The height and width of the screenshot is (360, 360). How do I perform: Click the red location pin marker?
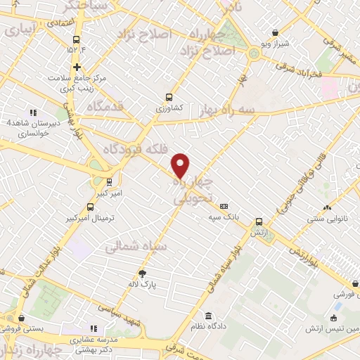point(181,165)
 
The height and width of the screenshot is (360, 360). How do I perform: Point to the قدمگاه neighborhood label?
point(108,108)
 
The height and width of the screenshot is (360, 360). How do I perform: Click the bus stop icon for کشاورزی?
point(168,98)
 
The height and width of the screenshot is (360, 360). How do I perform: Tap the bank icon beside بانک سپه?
point(224,207)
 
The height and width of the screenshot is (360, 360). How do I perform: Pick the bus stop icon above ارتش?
point(259,221)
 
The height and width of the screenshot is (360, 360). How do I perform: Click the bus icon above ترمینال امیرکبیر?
point(90,207)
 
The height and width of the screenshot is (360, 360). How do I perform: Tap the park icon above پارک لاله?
point(143,274)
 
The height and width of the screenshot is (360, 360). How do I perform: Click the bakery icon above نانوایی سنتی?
point(326,207)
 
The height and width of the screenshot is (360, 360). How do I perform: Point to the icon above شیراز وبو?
point(275,32)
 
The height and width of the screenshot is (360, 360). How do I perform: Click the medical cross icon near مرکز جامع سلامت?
point(77,67)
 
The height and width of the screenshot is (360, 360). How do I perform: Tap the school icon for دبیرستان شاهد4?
point(32,112)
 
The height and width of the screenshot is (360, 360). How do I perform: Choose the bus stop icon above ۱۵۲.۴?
point(76,39)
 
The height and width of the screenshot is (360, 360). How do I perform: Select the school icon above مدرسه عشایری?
point(93,328)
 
